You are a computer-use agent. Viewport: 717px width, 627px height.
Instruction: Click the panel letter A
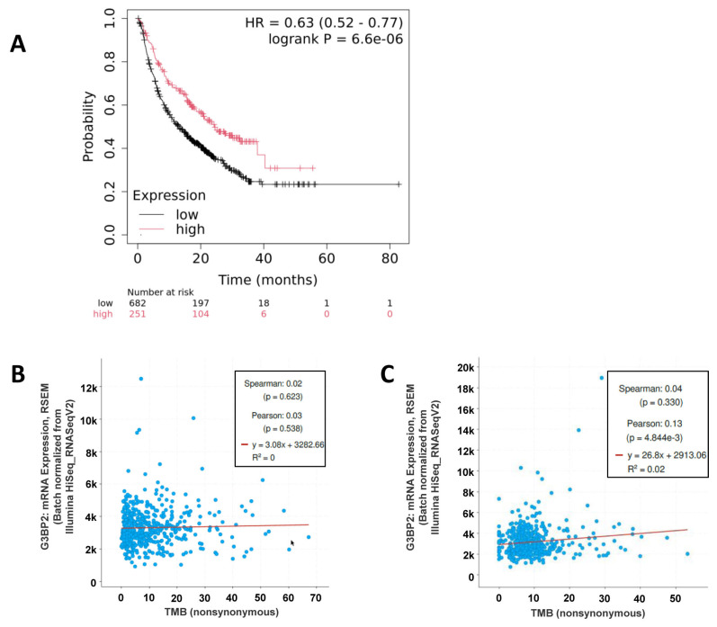tap(18, 44)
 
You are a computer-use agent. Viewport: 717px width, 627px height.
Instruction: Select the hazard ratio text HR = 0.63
tap(279, 22)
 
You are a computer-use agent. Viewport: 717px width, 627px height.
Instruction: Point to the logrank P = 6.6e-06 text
tap(336, 40)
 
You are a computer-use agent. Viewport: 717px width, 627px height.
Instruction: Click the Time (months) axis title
tap(267, 280)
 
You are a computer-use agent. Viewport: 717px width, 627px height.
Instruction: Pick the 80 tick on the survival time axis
tap(390, 258)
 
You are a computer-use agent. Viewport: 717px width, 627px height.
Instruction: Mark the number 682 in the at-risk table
tap(137, 303)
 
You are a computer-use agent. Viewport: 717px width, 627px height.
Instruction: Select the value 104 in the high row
tap(201, 314)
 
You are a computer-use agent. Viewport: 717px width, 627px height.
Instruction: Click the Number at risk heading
tap(160, 292)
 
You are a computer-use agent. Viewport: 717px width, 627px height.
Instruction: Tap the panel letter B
tap(18, 374)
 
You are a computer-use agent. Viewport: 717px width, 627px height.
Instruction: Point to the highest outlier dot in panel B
tap(141, 379)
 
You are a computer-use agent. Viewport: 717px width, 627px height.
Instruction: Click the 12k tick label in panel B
tap(88, 388)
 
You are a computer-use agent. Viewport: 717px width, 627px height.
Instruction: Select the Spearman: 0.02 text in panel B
tap(273, 383)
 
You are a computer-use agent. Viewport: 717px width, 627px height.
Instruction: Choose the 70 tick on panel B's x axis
tap(316, 597)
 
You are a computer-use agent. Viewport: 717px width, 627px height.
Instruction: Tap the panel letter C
tap(388, 374)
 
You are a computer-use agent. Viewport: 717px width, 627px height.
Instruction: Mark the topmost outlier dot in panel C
tap(602, 378)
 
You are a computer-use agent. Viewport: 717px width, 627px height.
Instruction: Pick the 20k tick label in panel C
tap(465, 368)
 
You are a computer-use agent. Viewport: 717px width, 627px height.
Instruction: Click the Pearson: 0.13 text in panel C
tap(654, 424)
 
